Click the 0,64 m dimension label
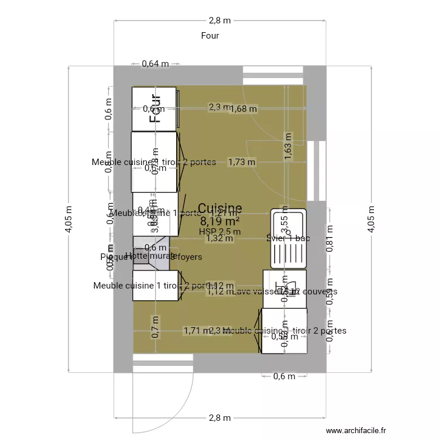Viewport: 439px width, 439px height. click(x=155, y=64)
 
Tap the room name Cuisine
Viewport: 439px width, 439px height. click(x=220, y=208)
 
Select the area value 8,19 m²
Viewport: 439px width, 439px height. click(x=220, y=221)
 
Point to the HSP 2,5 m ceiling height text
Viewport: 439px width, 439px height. click(x=220, y=231)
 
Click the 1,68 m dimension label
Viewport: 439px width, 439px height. click(x=243, y=108)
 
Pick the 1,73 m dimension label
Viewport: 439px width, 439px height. click(x=242, y=162)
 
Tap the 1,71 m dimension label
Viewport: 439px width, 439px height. click(x=196, y=331)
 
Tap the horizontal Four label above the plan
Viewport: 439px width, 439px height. click(x=210, y=36)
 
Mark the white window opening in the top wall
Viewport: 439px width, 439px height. click(x=273, y=76)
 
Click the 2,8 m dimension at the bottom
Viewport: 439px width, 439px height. click(x=220, y=418)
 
